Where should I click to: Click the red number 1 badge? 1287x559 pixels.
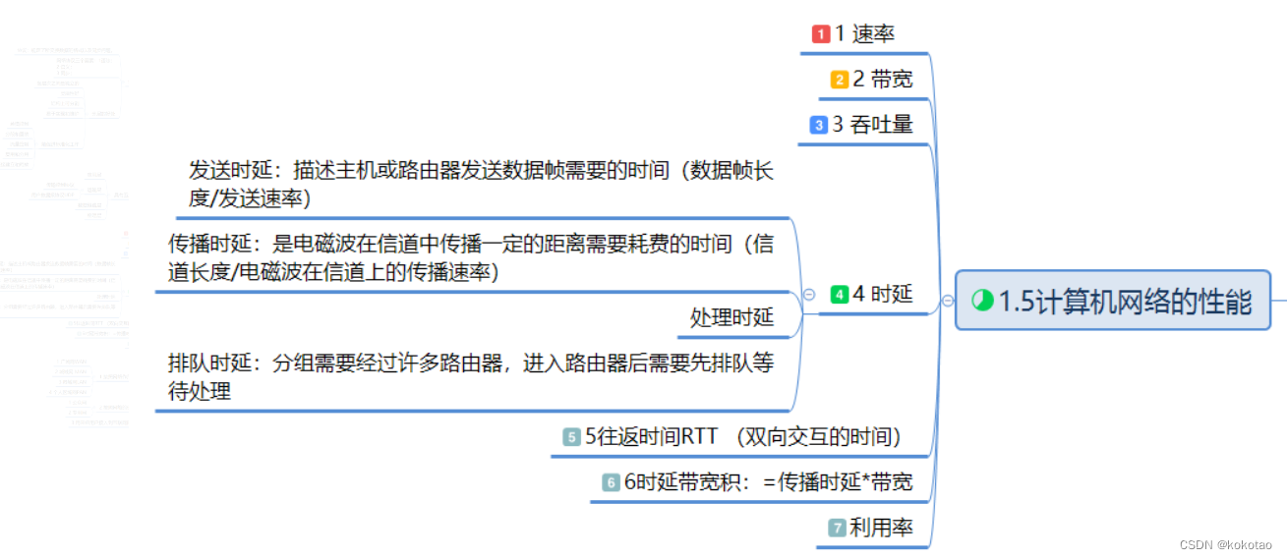click(821, 34)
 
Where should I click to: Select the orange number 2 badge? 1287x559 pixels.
click(839, 80)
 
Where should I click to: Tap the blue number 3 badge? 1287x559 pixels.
click(818, 125)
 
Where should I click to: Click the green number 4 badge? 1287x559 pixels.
click(839, 294)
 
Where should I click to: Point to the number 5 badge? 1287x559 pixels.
click(571, 437)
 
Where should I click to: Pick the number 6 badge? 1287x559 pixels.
click(611, 482)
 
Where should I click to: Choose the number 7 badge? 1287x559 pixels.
click(837, 528)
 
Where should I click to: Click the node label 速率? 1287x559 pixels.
click(873, 34)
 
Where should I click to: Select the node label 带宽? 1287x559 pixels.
click(891, 80)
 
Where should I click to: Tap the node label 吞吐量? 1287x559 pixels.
click(881, 125)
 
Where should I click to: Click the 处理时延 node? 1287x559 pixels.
click(731, 317)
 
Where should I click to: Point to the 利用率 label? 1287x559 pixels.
click(881, 528)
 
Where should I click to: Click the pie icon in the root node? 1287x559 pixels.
click(982, 301)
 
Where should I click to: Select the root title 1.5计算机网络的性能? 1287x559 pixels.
click(1125, 302)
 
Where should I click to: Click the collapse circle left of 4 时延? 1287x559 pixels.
click(808, 294)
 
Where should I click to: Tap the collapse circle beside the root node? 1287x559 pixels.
click(947, 302)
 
